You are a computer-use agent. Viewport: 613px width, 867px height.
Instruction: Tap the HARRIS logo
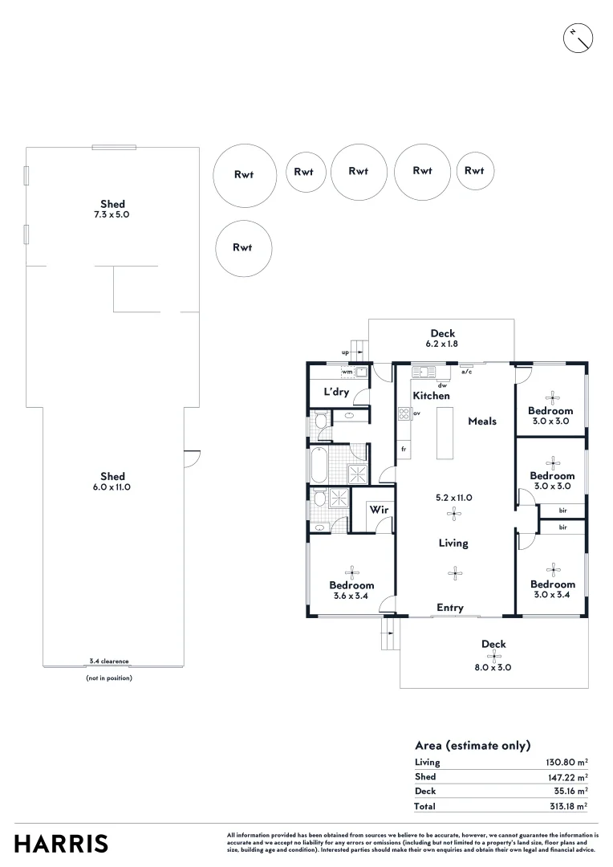(61, 844)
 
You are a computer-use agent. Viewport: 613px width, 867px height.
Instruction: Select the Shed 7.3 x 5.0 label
(112, 210)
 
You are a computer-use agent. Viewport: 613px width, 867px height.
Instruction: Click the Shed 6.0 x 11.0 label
(112, 482)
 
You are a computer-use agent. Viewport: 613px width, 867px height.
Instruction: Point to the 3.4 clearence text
(108, 661)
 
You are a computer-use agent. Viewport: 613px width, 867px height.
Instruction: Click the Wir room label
(379, 510)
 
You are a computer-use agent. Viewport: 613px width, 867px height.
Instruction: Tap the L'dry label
(335, 393)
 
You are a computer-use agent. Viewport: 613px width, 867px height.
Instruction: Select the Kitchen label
(431, 396)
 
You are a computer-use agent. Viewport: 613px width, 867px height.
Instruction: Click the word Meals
(482, 421)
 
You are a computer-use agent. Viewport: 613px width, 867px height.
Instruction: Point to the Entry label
(450, 608)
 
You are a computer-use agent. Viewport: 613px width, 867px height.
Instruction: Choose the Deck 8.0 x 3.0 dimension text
(493, 667)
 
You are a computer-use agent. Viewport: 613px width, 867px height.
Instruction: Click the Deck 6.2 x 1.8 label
(442, 338)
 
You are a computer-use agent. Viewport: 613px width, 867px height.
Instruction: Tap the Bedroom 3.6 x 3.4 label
(351, 590)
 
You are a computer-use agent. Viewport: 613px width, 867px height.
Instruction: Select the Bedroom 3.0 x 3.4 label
(552, 589)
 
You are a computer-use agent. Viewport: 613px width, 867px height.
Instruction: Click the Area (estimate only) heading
(473, 745)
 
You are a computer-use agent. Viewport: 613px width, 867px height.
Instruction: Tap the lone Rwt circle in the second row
(244, 247)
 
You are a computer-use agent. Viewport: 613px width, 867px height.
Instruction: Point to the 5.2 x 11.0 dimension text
(455, 498)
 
